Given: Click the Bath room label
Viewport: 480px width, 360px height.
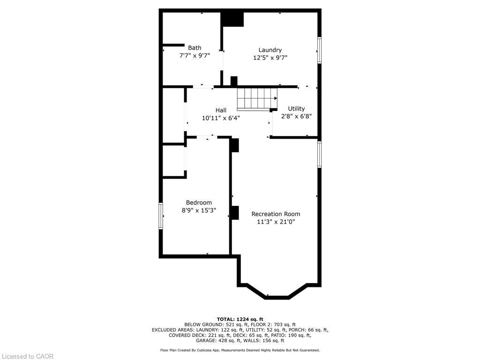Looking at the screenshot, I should point(195,47).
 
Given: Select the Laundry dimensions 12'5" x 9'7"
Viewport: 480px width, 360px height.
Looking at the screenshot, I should point(270,58).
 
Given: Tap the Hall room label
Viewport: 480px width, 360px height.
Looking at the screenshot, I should point(221,110).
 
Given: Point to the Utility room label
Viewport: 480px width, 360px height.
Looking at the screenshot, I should point(296,108).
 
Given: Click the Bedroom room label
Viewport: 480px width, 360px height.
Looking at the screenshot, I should point(199,202).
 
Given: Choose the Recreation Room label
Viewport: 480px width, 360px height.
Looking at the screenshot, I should point(276,214).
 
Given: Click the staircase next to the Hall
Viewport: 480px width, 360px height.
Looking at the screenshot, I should point(256,98).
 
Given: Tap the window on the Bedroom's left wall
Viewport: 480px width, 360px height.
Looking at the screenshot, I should point(161,216).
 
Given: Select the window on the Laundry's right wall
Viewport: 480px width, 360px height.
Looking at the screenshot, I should point(319,50).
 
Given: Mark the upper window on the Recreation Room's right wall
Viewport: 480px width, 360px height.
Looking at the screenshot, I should point(319,154).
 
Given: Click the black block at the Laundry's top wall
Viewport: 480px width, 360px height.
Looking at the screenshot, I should point(232,19).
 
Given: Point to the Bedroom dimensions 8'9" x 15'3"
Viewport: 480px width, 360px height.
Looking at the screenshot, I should point(199,210).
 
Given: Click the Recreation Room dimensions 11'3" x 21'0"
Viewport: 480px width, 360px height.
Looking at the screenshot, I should point(276,222).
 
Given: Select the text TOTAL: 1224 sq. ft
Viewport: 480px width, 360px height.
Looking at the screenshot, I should point(240,319).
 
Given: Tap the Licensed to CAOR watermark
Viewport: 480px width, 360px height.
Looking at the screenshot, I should point(27,356).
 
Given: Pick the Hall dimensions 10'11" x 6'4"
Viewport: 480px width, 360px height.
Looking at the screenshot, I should point(221,118).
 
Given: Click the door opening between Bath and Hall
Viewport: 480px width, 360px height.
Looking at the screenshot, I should point(203,87).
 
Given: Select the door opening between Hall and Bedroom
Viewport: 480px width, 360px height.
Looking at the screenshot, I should point(206,137).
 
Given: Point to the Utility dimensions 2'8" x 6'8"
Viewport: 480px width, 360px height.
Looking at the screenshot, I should point(296,116).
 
